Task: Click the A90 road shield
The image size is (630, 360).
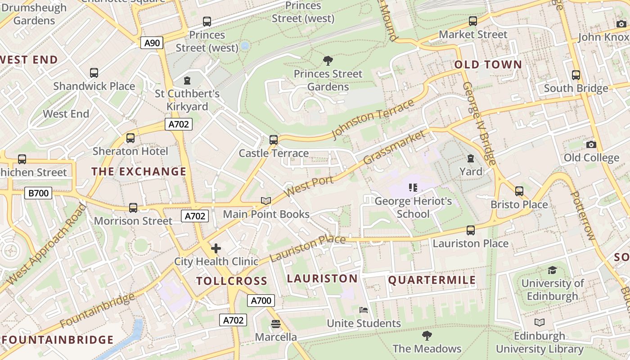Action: point(152,43)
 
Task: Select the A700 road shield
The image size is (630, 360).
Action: point(261,301)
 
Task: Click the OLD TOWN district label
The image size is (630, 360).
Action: point(488,64)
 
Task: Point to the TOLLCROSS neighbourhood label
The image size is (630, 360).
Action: point(232,281)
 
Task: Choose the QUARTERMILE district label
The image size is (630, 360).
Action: point(432,280)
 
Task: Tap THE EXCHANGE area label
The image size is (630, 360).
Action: point(139,171)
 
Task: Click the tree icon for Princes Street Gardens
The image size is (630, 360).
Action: point(328,61)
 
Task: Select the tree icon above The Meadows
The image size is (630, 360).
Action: point(427,335)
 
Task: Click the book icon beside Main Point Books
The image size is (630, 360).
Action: point(266,201)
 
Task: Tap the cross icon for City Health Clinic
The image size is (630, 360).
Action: point(216,248)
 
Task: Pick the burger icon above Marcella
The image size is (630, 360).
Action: point(276,324)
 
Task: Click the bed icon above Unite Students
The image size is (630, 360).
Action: point(364,310)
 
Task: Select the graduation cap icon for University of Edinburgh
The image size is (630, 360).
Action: point(552,270)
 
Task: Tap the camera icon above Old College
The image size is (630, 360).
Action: point(591,144)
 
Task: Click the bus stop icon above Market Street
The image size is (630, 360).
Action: point(472,21)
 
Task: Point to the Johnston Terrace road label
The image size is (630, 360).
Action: point(373,120)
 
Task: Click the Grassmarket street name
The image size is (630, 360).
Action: point(394,147)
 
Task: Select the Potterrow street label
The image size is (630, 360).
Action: point(582,216)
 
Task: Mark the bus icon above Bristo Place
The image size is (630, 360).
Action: point(519,191)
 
